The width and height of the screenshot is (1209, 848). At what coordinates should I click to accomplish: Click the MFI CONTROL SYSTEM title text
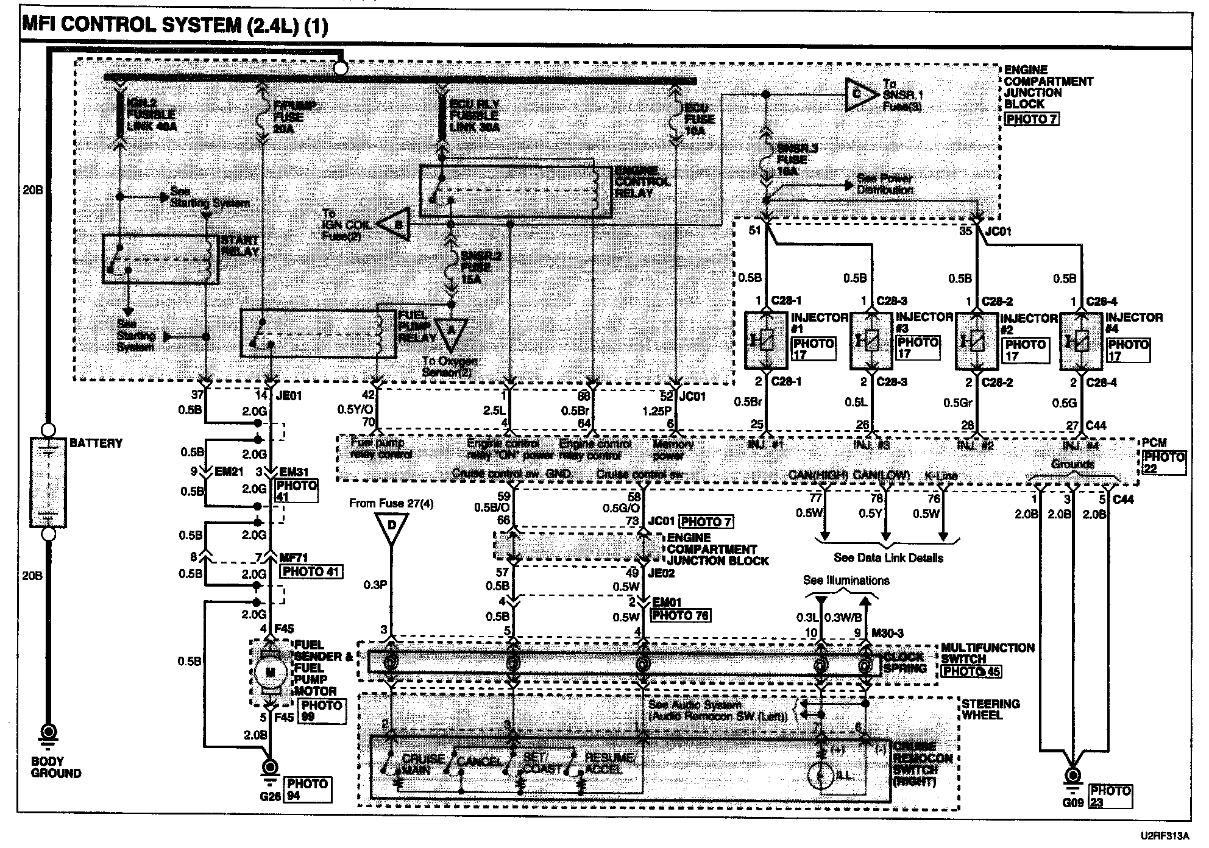click(174, 26)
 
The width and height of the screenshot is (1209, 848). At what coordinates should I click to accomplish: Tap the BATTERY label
click(96, 443)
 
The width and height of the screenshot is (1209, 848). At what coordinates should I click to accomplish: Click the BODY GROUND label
click(56, 767)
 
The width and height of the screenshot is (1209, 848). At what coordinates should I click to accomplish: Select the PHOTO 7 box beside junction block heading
click(1031, 119)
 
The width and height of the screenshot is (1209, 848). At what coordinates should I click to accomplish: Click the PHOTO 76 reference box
click(680, 615)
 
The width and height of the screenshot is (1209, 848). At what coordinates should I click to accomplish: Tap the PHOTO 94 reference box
click(308, 790)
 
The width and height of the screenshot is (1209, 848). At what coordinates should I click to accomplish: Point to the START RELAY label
click(240, 246)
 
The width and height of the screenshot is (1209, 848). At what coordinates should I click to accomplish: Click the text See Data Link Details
click(888, 557)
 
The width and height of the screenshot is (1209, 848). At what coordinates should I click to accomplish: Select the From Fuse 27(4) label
click(391, 503)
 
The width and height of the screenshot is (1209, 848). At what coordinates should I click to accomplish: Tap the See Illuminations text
click(846, 580)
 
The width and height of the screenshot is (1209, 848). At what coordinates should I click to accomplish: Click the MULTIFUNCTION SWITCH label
click(987, 653)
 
